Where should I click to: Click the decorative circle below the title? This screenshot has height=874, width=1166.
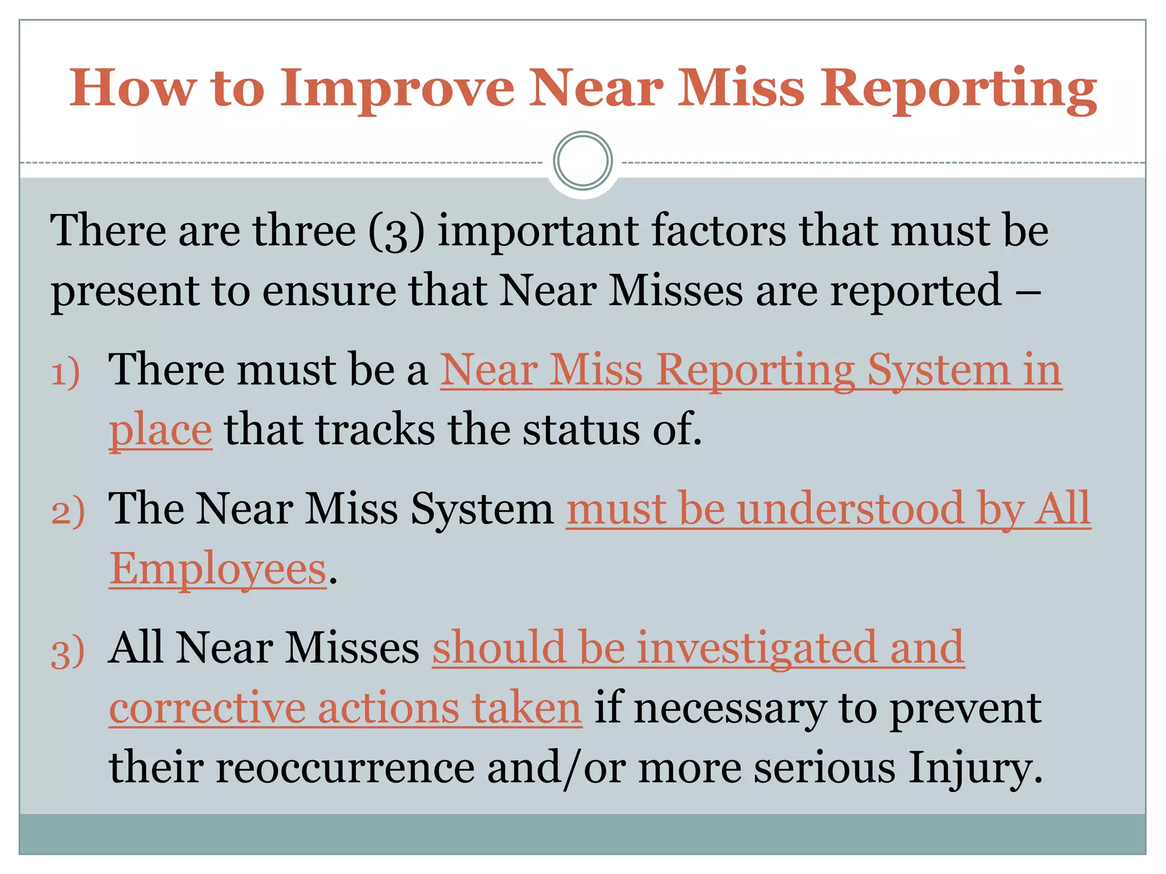click(582, 160)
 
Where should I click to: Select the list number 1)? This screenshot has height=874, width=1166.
click(65, 373)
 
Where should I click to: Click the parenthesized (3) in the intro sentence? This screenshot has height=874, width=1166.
click(397, 232)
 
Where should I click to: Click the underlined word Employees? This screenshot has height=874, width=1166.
click(218, 568)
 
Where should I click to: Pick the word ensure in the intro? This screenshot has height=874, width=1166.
click(329, 291)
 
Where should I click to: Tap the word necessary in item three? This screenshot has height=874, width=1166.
click(729, 709)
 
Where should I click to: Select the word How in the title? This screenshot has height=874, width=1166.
click(132, 89)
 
